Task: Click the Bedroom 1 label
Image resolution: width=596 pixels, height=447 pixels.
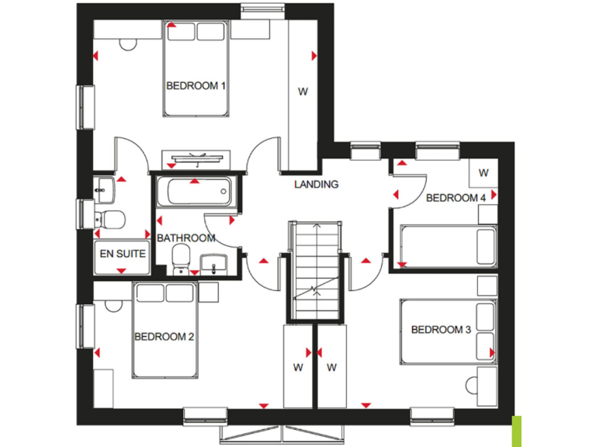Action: [x=196, y=85]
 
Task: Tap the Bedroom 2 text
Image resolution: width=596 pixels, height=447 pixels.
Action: [x=164, y=337]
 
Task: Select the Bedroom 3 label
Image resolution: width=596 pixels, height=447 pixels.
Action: [x=441, y=330]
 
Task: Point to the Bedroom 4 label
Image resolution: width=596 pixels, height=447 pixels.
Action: [x=456, y=198]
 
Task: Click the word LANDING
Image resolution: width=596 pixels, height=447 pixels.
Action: [x=317, y=185]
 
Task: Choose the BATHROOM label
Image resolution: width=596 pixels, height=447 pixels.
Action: [x=185, y=238]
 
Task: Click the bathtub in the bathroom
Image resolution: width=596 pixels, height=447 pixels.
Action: [x=193, y=190]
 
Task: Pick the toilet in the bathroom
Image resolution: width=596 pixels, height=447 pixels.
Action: [x=181, y=256]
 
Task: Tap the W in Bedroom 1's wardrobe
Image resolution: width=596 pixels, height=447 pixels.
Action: [x=303, y=92]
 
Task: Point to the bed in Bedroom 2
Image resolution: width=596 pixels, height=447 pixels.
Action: [x=164, y=330]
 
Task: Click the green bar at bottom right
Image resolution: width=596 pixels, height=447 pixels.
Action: [x=517, y=431]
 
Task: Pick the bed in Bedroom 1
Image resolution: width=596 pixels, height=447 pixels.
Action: [x=196, y=70]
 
